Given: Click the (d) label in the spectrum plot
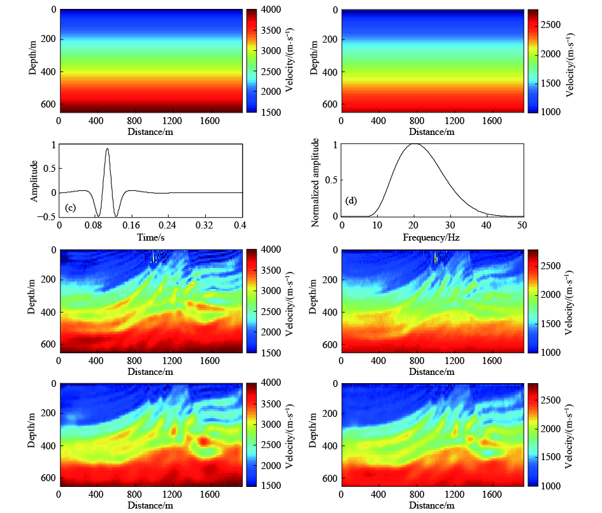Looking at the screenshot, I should tap(352, 200).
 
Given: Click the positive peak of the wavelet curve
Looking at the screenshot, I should tap(107, 149).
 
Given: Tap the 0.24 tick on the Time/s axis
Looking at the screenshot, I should tap(169, 225).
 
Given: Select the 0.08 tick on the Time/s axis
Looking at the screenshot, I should tap(96, 225).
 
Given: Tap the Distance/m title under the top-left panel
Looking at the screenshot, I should tap(151, 131).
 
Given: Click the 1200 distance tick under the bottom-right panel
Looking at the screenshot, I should tap(454, 493).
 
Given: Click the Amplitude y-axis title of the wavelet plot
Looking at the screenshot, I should tap(34, 181).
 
